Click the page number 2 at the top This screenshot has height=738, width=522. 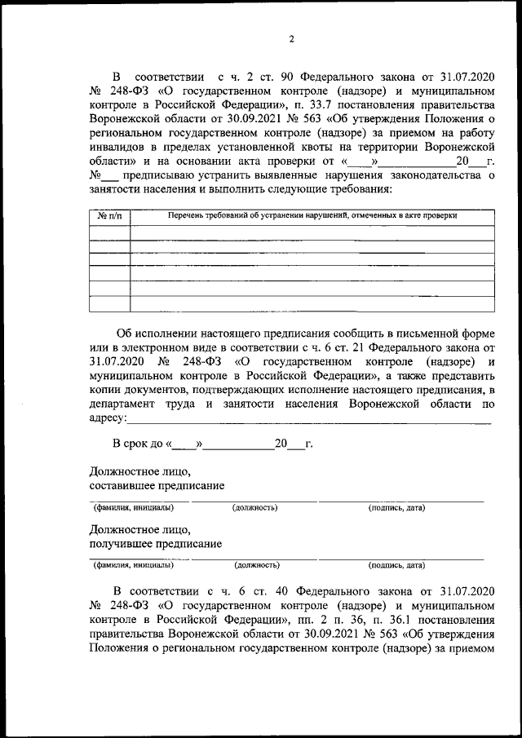(291, 38)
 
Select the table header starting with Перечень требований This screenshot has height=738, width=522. (312, 216)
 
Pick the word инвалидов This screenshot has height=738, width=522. (116, 150)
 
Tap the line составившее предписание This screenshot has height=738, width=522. (157, 487)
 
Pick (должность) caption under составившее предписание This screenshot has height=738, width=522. (254, 508)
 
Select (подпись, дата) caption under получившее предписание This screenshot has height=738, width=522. (396, 564)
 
